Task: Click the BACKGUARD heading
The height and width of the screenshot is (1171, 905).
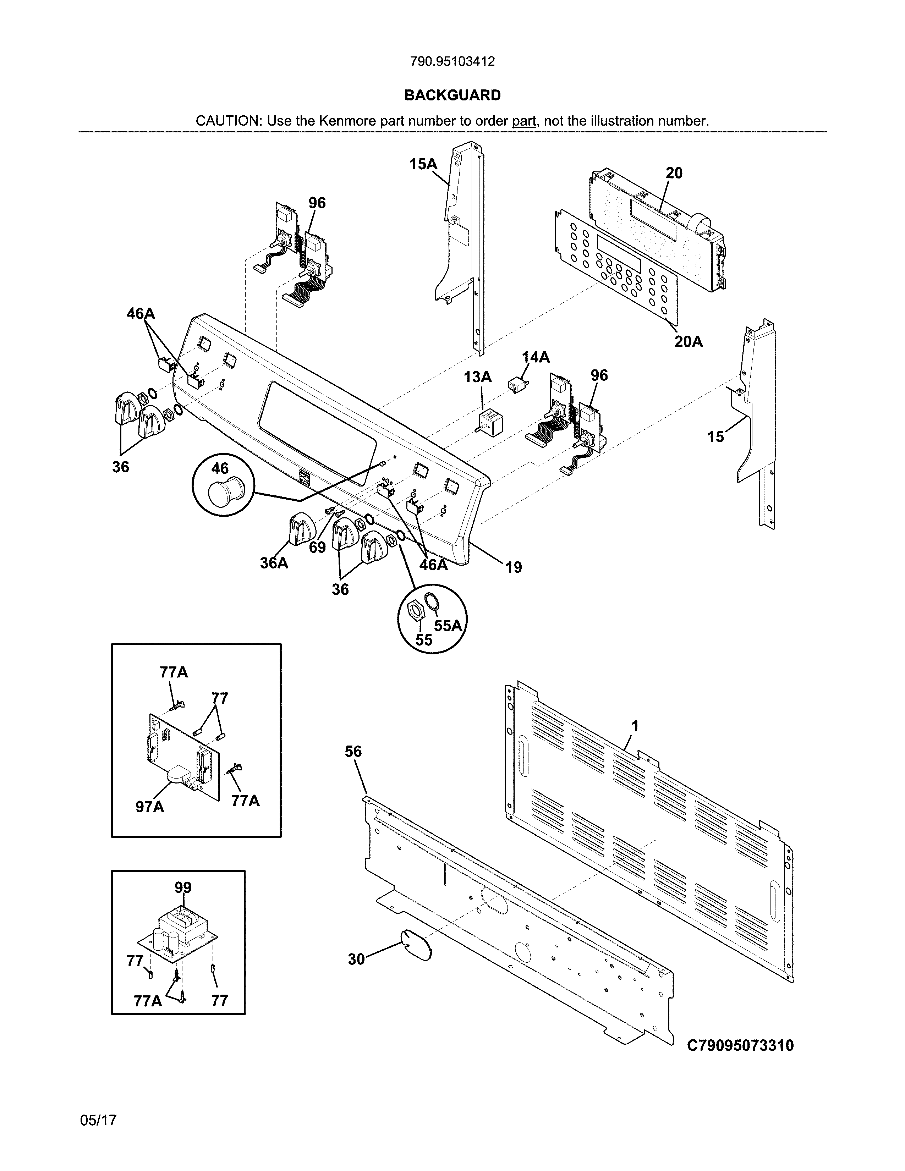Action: pyautogui.click(x=452, y=95)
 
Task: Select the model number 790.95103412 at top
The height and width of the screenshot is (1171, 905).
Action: pyautogui.click(x=452, y=62)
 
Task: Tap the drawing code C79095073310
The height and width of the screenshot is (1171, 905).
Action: pyautogui.click(x=740, y=1045)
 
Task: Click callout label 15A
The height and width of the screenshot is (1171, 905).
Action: pyautogui.click(x=423, y=164)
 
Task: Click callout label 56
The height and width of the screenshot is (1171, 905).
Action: pyautogui.click(x=353, y=752)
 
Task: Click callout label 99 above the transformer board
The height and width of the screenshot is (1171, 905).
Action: pyautogui.click(x=183, y=887)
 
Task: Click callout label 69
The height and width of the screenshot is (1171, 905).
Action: pyautogui.click(x=317, y=548)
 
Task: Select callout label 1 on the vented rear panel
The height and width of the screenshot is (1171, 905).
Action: pyautogui.click(x=635, y=726)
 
